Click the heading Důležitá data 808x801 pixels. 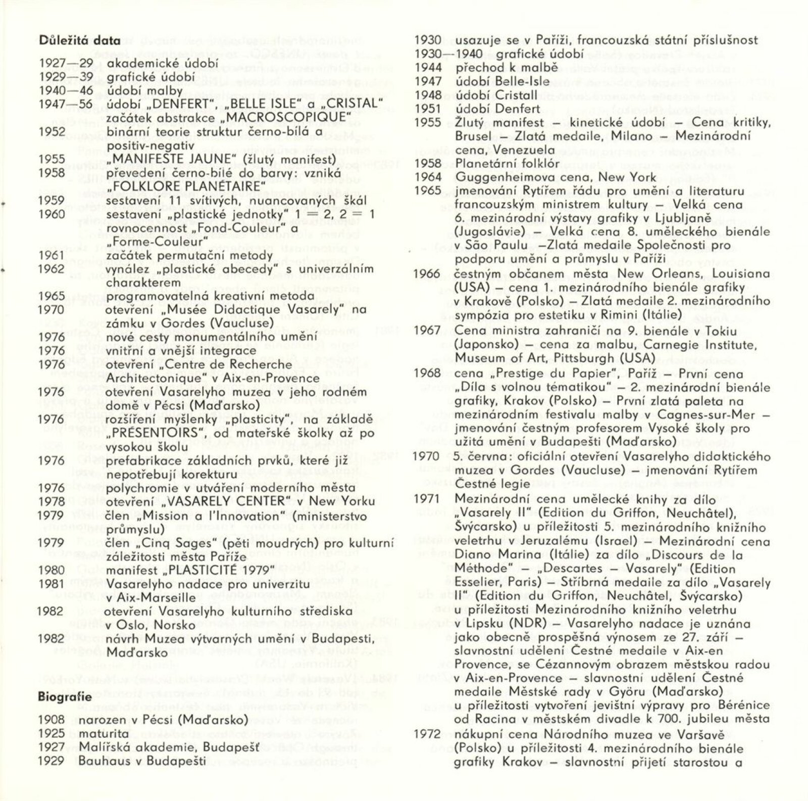point(79,41)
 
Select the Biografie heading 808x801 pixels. point(65,697)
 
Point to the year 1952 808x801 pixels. point(52,132)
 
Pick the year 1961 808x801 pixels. point(52,255)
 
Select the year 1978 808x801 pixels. point(52,501)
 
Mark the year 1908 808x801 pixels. point(52,719)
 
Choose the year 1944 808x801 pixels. point(428,68)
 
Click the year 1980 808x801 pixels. point(52,570)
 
